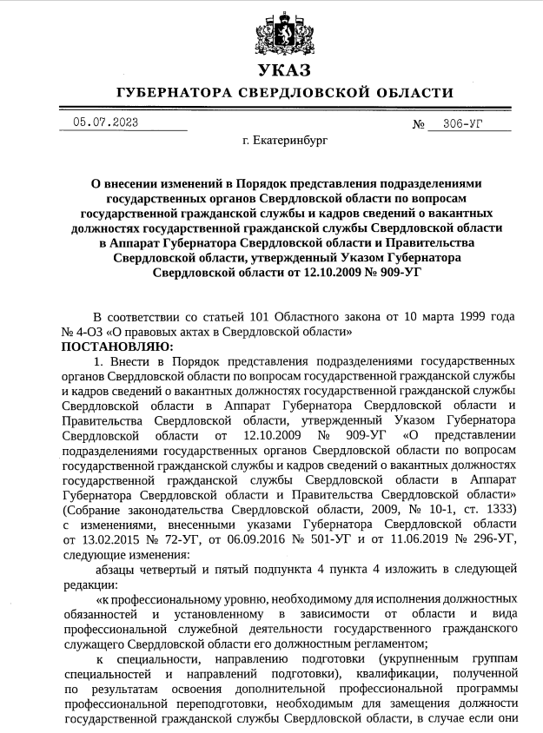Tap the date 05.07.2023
105,122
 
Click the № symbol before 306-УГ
419,123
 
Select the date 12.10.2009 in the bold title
321,273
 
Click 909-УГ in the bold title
394,273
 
